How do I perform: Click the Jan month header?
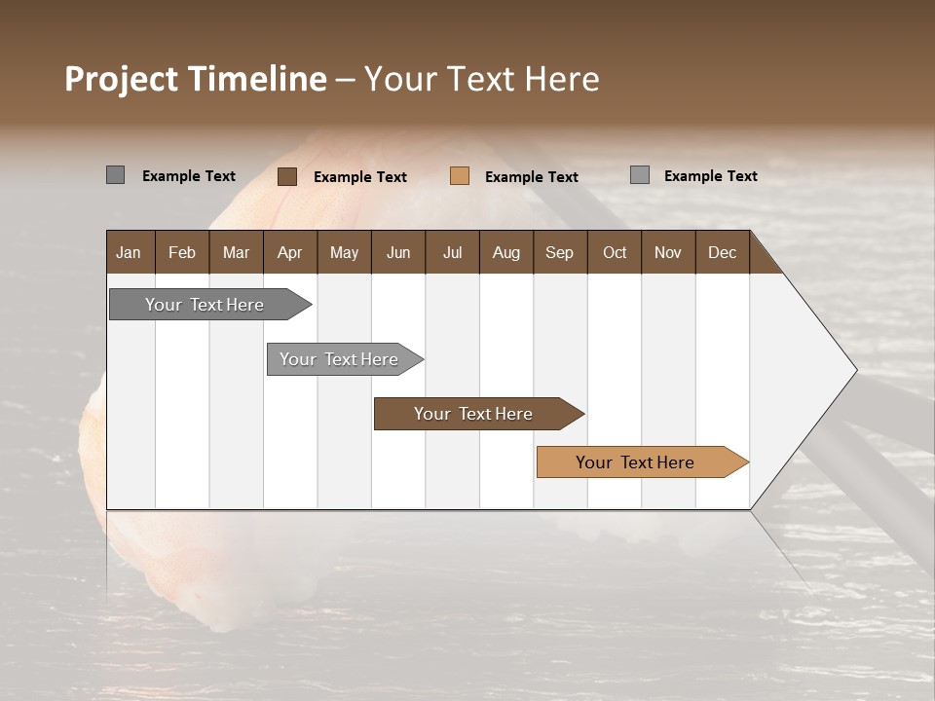pos(129,252)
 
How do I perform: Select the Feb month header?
pos(182,252)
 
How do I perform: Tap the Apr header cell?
pos(289,252)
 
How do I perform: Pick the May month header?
pos(344,252)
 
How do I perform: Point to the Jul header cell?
pos(452,252)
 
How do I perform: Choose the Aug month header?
pos(505,252)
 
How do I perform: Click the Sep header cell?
pos(559,252)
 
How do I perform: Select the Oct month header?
pos(615,252)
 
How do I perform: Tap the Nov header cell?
pos(667,252)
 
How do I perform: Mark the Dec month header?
pos(722,252)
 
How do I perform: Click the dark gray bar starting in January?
pos(205,305)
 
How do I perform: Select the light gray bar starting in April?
pos(339,359)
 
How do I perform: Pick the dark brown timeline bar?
pos(473,414)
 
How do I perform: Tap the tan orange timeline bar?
pos(635,462)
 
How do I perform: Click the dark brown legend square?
pos(287,176)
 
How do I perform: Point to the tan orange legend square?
pos(460,176)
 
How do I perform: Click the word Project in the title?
pos(122,79)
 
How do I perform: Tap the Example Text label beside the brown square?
pos(360,177)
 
